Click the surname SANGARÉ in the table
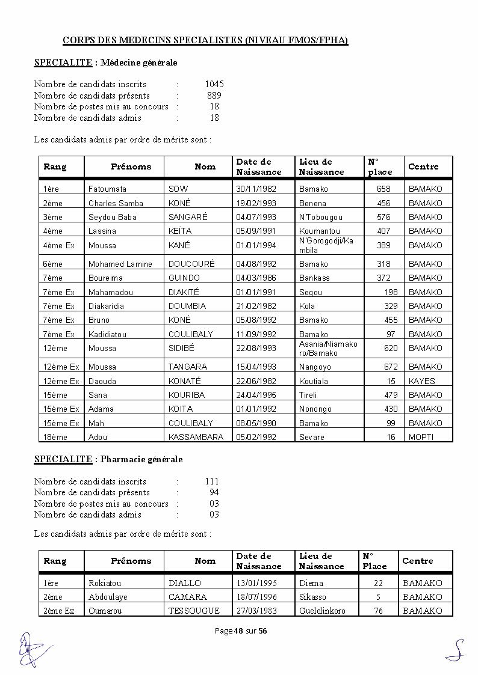coord(188,217)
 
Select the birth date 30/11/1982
coord(256,189)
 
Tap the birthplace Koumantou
coord(319,231)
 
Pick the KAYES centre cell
coord(421,381)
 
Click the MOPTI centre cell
coord(421,437)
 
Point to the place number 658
coord(383,189)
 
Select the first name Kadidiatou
coord(107,334)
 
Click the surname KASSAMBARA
coord(196,437)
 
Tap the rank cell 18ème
coord(55,437)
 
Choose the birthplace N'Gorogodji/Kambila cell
coord(326,245)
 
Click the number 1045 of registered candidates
coord(214,84)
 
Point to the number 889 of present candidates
coord(214,96)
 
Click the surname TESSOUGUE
coord(194,611)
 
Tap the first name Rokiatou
coord(105,583)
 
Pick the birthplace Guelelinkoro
coord(322,611)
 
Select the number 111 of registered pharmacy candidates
coord(212,481)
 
